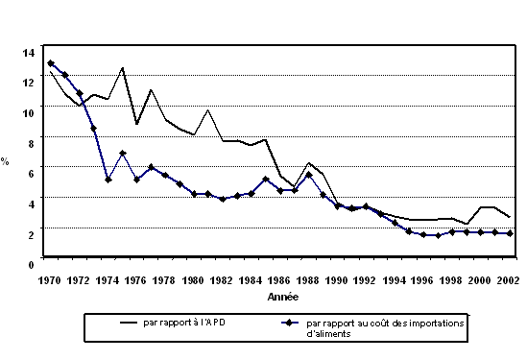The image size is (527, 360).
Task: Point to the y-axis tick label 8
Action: [32, 142]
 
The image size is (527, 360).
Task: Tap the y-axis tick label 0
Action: [32, 262]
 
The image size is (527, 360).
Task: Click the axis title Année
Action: [282, 297]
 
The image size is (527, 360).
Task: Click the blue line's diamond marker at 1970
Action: [51, 63]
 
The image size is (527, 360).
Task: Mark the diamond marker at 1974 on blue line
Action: [108, 180]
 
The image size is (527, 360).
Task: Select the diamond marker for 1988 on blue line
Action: [308, 175]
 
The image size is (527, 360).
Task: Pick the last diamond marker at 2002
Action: [509, 233]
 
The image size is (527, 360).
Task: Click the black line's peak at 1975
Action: [123, 67]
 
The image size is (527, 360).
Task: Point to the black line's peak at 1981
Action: [208, 109]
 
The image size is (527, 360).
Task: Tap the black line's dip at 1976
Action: [137, 124]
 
